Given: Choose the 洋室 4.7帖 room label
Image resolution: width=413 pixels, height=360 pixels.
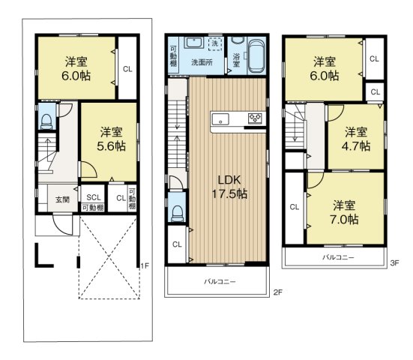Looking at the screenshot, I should tap(356, 139).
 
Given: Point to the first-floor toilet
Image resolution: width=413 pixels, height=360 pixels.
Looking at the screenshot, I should tap(46, 121).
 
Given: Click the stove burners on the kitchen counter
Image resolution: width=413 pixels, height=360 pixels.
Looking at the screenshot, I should tap(256, 118).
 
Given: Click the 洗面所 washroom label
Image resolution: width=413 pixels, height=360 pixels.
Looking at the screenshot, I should tap(201, 61).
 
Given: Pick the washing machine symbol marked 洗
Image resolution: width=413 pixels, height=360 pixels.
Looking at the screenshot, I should tap(216, 44).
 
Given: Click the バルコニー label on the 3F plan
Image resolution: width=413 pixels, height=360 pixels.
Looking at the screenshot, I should tap(339, 257).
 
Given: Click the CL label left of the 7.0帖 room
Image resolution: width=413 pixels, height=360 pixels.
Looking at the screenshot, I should tap(294, 207).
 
